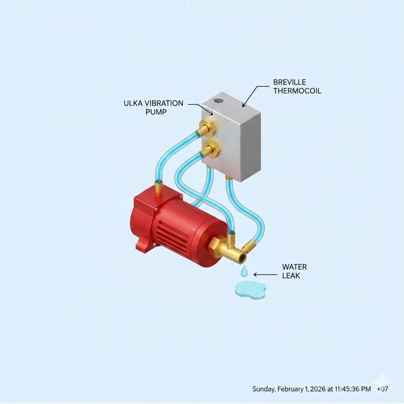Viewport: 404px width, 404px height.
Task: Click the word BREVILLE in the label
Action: pos(289,82)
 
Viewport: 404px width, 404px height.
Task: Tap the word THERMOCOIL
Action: pos(297,91)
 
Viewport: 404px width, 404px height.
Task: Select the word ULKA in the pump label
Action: pos(133,104)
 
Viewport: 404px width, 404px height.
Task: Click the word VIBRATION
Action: pos(164,104)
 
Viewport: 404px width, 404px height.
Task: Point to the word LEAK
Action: pos(291,276)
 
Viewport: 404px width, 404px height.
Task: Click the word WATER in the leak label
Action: pos(294,267)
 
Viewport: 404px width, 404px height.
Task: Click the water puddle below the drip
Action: pos(250,290)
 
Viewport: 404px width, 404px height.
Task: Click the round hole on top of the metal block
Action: pos(219,99)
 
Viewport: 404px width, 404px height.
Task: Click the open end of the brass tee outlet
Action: pos(242,258)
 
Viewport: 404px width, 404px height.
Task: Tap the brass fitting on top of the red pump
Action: pos(159,187)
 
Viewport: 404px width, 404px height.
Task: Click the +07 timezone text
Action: pos(382,389)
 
